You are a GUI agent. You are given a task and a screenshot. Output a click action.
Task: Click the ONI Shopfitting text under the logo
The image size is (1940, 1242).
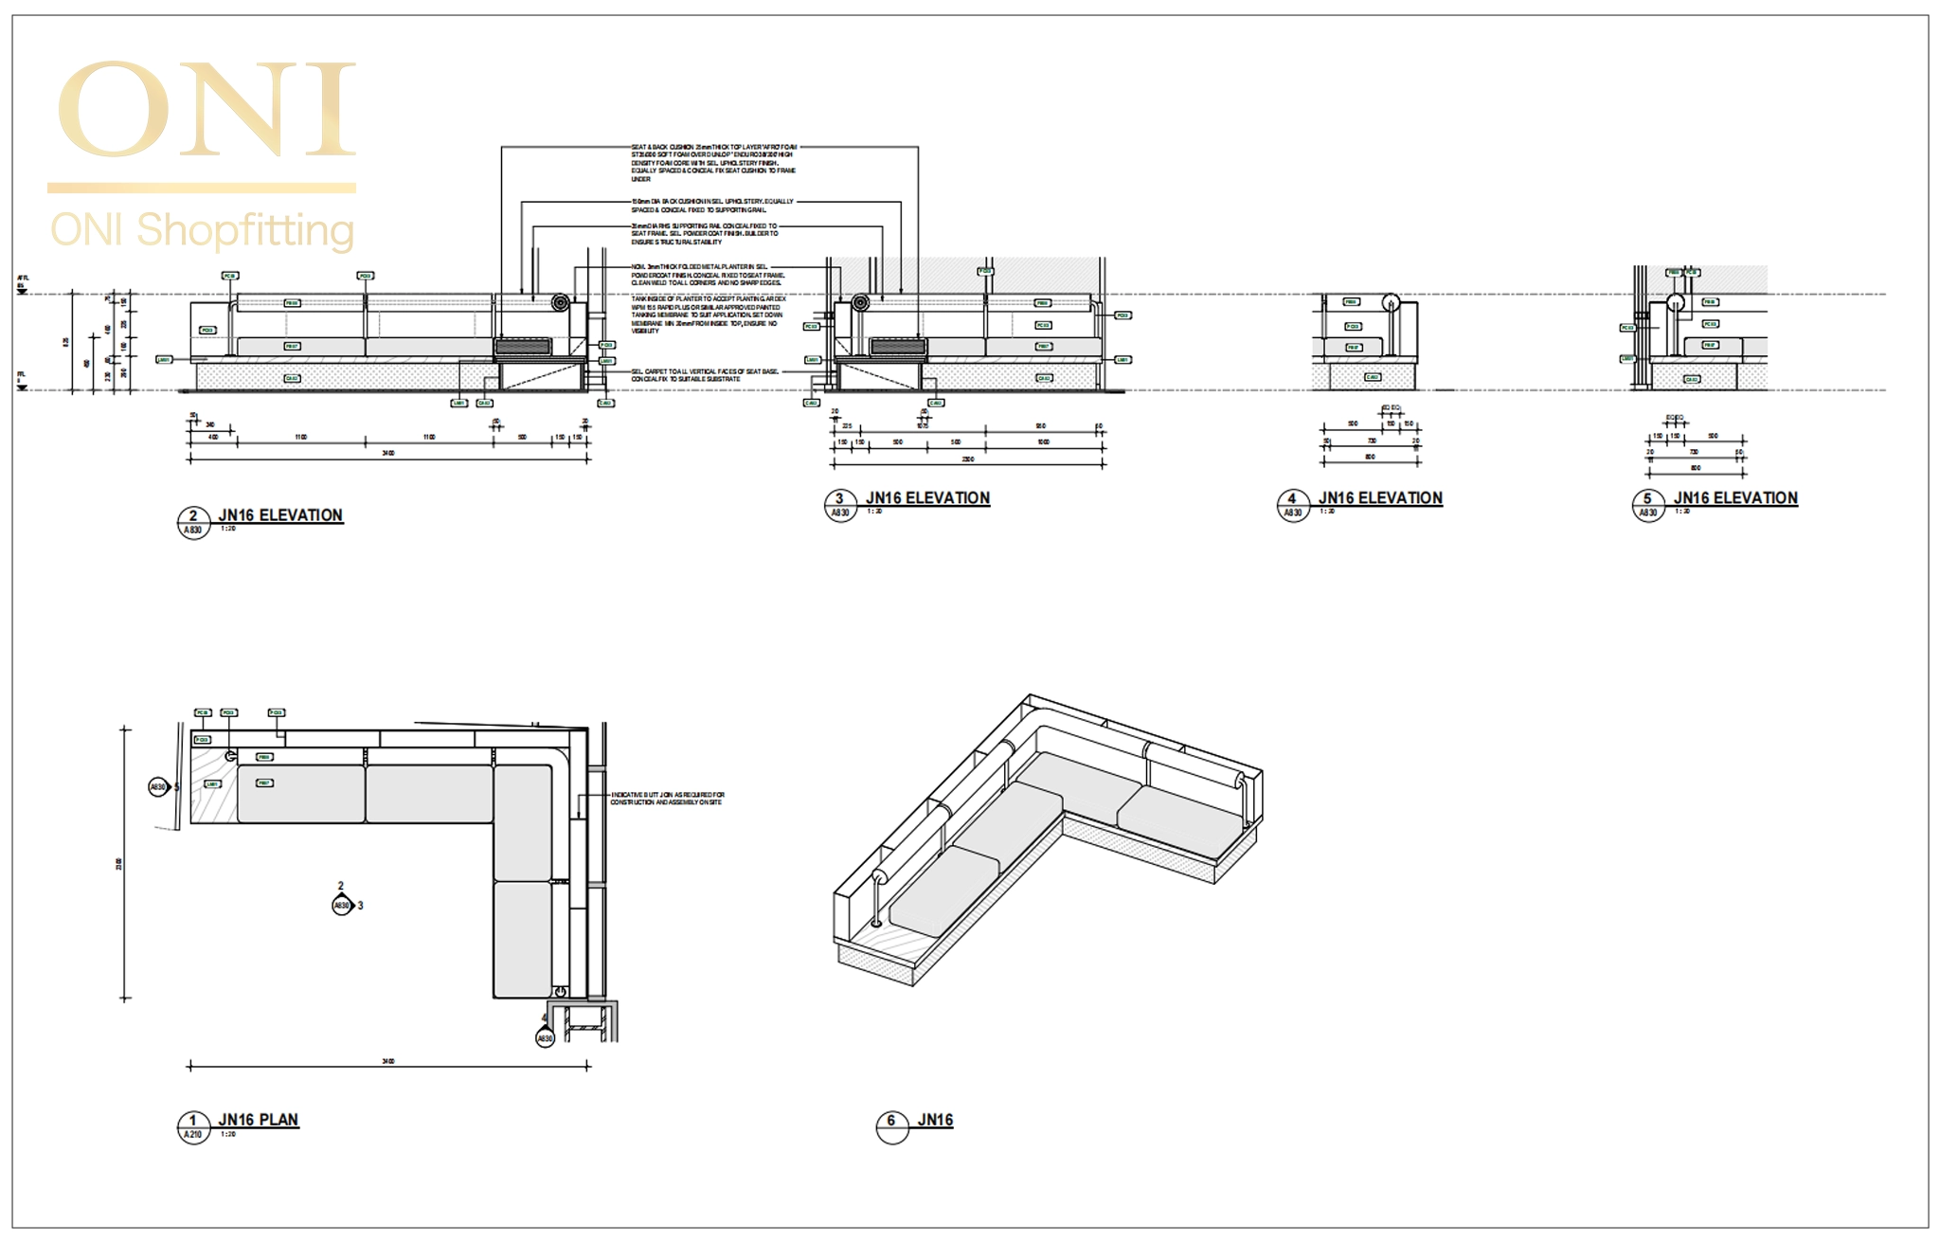(202, 230)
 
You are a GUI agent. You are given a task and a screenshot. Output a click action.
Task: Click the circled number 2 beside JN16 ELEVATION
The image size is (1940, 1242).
(193, 516)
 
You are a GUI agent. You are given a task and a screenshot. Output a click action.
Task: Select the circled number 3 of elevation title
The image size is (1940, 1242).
(839, 499)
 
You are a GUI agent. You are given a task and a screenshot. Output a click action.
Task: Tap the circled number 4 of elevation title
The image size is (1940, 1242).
(1291, 499)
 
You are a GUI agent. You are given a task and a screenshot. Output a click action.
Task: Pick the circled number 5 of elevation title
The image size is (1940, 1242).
(1647, 499)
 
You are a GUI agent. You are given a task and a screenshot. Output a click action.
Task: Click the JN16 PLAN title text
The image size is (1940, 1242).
(258, 1119)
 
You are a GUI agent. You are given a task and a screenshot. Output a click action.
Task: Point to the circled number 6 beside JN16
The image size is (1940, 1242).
(891, 1121)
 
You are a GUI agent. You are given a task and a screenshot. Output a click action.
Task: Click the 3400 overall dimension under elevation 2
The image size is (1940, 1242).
(387, 454)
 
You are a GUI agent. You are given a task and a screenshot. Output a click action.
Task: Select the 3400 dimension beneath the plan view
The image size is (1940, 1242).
(387, 1062)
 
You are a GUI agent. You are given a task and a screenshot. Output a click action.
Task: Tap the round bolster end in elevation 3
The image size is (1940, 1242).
(860, 303)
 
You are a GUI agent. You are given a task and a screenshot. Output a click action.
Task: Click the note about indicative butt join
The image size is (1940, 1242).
(667, 799)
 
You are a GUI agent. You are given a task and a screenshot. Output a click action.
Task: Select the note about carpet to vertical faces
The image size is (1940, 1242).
(705, 375)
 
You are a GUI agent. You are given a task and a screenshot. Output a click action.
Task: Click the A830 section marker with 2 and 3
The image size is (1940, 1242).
(342, 905)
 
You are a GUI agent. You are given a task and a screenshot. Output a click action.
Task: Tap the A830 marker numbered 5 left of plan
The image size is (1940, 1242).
(158, 786)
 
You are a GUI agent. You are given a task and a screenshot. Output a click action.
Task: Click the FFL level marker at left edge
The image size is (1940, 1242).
(22, 379)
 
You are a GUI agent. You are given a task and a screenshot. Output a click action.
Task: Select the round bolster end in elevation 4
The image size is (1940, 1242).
(1390, 303)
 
